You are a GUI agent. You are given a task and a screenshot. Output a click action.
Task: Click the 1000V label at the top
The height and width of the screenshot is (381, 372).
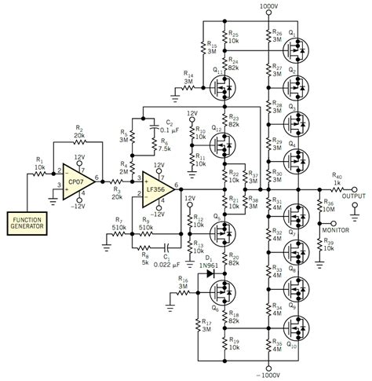pyautogui.click(x=268, y=5)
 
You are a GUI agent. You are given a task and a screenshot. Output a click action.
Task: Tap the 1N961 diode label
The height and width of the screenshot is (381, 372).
pyautogui.click(x=207, y=266)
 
